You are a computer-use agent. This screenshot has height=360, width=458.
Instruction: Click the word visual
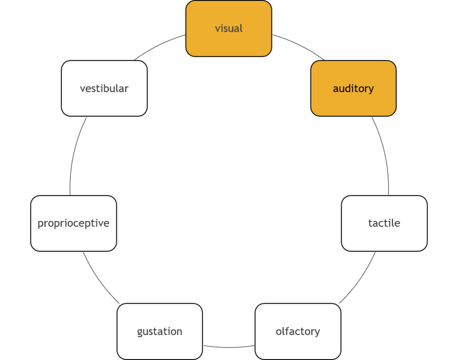pyautogui.click(x=229, y=29)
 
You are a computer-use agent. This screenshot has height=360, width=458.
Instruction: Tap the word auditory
pyautogui.click(x=353, y=89)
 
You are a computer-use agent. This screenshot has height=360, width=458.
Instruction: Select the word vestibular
pyautogui.click(x=104, y=89)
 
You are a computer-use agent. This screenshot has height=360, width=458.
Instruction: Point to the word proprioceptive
pyautogui.click(x=73, y=223)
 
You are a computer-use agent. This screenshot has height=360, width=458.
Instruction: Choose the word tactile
pyautogui.click(x=384, y=223)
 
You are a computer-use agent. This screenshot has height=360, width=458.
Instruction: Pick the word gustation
pyautogui.click(x=159, y=332)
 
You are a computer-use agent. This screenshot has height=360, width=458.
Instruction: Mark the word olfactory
pyautogui.click(x=297, y=332)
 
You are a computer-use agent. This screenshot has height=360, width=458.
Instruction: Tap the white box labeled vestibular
pyautogui.click(x=104, y=104)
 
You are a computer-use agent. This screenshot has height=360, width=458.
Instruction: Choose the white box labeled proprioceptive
pyautogui.click(x=73, y=239)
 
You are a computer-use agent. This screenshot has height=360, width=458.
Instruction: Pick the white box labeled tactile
pyautogui.click(x=384, y=239)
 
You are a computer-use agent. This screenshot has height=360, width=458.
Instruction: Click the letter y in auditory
pyautogui.click(x=371, y=90)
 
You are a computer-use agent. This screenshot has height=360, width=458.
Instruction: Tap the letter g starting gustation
pyautogui.click(x=140, y=333)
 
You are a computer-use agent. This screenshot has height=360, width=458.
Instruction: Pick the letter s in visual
pyautogui.click(x=225, y=29)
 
